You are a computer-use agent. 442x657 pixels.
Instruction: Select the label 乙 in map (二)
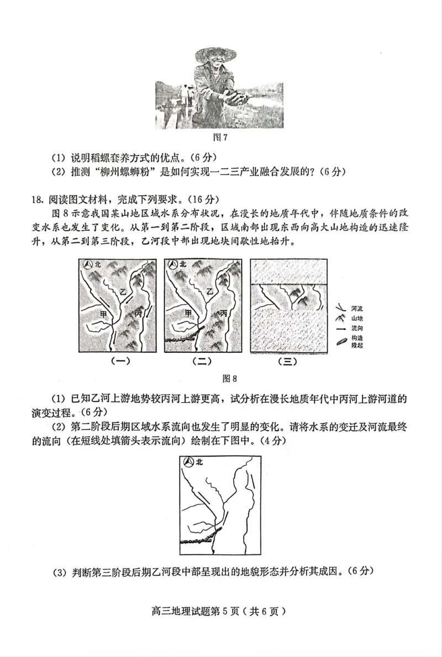click(209, 291)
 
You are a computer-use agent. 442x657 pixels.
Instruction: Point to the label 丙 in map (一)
click(138, 313)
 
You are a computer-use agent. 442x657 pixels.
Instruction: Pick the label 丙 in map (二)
click(223, 312)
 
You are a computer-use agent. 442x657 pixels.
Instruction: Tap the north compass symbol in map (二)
click(172, 265)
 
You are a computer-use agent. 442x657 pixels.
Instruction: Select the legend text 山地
click(357, 319)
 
